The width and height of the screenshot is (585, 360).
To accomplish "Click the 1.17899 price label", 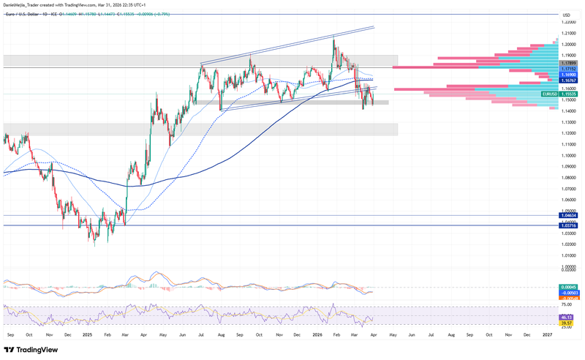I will tap(567, 63).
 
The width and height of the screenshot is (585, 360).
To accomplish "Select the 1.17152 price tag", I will tap(567, 69).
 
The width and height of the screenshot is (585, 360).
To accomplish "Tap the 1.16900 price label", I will tap(567, 75).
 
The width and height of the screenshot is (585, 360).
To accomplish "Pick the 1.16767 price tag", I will tap(567, 80).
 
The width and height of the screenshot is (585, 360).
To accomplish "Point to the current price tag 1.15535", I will tap(568, 94).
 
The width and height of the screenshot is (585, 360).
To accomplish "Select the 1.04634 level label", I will tap(567, 215).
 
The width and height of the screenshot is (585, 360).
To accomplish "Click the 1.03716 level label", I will tap(567, 225).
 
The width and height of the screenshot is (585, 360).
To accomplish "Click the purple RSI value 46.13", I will tap(566, 317).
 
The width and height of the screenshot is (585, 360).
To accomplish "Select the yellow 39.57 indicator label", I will tap(566, 323).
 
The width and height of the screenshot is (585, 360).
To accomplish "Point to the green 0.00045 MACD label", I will tap(567, 287).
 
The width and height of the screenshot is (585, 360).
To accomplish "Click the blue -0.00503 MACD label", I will tap(567, 293).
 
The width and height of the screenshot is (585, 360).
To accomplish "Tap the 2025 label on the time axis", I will tap(87, 334).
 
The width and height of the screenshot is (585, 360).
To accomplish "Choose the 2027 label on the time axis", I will tap(547, 334).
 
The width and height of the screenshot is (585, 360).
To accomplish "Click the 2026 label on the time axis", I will tap(317, 334).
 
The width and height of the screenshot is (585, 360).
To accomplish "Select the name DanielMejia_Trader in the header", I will tap(21, 4).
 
